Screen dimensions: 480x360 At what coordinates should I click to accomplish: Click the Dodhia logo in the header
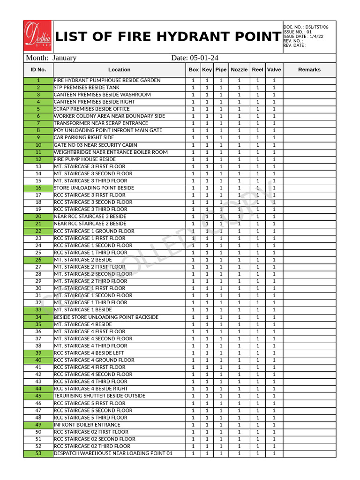pyautogui.click(x=38, y=36)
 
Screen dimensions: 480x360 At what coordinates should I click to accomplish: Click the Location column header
pyautogui.click(x=119, y=70)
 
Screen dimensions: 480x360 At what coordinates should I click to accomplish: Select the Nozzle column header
pyautogui.click(x=239, y=70)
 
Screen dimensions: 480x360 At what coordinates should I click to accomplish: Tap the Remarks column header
pyautogui.click(x=309, y=70)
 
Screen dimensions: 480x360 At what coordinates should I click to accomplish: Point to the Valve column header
pyautogui.click(x=274, y=70)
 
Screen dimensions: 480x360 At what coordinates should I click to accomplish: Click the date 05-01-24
pyautogui.click(x=204, y=58)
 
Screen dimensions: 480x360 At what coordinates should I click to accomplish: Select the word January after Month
pyautogui.click(x=65, y=58)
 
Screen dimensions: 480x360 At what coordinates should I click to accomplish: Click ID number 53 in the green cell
pyautogui.click(x=38, y=454)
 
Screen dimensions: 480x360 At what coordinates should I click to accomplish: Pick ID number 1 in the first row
pyautogui.click(x=38, y=81)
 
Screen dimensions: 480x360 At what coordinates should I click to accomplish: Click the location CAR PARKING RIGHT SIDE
pyautogui.click(x=84, y=138)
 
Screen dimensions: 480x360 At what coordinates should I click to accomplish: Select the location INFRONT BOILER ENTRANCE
pyautogui.click(x=87, y=425)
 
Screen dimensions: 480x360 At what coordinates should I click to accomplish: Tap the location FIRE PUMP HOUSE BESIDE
pyautogui.click(x=85, y=159)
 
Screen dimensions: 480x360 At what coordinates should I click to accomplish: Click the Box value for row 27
pyautogui.click(x=193, y=267)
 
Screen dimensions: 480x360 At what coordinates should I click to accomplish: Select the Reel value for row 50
pyautogui.click(x=257, y=432)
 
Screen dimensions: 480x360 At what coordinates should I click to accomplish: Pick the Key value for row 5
pyautogui.click(x=207, y=109)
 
